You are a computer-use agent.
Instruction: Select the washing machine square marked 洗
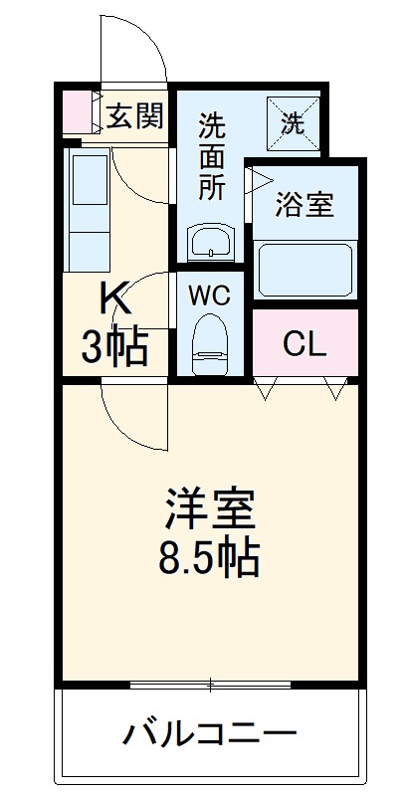pyautogui.click(x=294, y=122)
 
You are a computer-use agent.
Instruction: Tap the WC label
pyautogui.click(x=211, y=296)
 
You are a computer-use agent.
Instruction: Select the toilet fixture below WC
pyautogui.click(x=210, y=341)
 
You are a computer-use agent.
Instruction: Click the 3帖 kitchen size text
pyautogui.click(x=114, y=347)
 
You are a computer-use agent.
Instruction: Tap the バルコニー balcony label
pyautogui.click(x=210, y=737)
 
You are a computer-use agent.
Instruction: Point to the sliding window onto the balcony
pyautogui.click(x=210, y=685)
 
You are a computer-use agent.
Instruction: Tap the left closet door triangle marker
pyautogui.click(x=265, y=389)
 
